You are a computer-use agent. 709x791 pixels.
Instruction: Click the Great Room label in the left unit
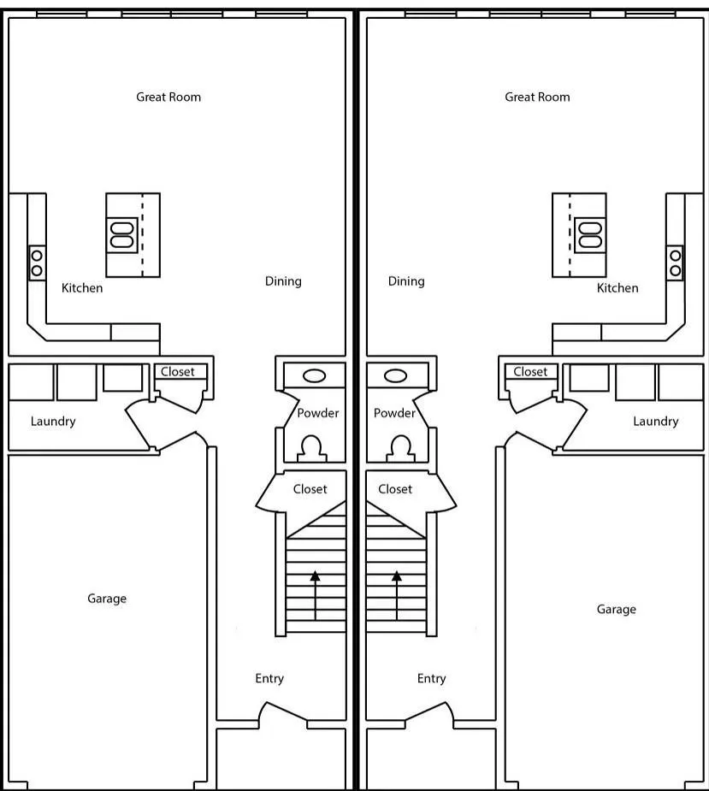pos(168,97)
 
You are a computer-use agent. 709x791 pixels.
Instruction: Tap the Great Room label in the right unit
pos(537,97)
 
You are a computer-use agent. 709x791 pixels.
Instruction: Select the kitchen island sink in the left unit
pos(122,235)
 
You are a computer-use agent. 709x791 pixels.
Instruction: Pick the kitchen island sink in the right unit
pos(590,235)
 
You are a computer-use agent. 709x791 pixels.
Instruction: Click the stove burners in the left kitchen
pos(37,263)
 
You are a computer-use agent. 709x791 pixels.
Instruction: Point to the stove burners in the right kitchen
pos(675,263)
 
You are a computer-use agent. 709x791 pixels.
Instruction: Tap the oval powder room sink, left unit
pos(314,375)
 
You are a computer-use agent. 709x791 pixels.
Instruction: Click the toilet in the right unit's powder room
pos(400,448)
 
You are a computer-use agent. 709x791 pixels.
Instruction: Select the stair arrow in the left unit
pos(316,595)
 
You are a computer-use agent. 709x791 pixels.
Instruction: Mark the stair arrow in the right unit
pos(397,595)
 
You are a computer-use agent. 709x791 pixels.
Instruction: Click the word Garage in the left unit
pos(107,599)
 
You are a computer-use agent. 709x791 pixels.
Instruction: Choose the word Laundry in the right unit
pos(655,422)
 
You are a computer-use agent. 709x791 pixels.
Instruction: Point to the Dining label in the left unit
pos(283,281)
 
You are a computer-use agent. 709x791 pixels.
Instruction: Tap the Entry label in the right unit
pos(431,678)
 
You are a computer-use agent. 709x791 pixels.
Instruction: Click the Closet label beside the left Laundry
pos(178,372)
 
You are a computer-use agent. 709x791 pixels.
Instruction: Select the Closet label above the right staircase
pos(395,489)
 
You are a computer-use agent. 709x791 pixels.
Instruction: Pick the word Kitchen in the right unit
pos(617,288)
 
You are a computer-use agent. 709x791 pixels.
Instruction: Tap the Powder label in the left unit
pos(318,413)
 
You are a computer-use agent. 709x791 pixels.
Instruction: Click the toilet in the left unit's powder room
pos(312,448)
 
